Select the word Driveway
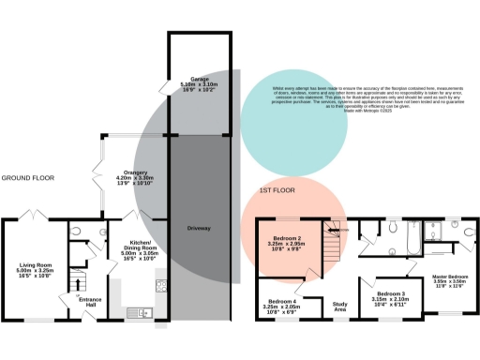click(198, 228)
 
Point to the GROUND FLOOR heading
click(28, 177)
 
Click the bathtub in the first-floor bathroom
click(411, 246)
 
